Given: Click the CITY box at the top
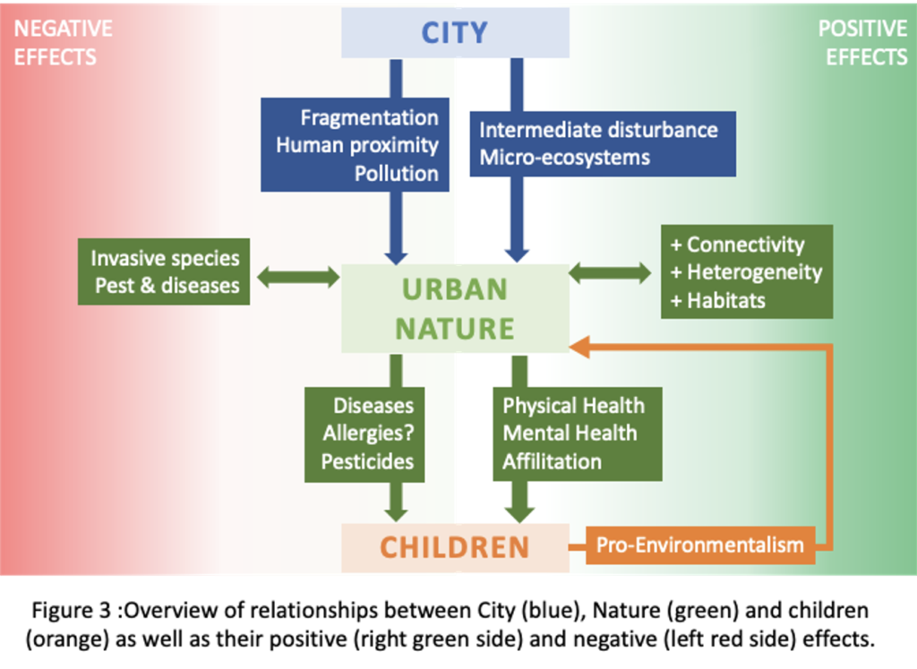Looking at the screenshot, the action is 455,33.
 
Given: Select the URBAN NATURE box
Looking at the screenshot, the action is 455,308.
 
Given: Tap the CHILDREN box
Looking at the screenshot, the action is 455,547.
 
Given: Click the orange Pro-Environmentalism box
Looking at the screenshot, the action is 700,545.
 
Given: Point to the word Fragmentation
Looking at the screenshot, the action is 369,117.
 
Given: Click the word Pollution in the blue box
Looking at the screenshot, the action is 396,173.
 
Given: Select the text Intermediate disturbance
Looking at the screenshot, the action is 598,130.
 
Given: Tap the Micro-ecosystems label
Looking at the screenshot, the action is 564,158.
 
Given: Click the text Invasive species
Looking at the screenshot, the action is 165,259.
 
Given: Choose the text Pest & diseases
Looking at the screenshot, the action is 167,286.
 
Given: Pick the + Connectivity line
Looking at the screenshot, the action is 738,244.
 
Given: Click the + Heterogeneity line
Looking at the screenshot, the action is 746,272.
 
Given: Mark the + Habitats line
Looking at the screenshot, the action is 717,301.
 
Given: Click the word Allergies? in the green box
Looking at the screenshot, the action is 368,433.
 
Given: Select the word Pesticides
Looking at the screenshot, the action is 367,461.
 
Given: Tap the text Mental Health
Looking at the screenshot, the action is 570,433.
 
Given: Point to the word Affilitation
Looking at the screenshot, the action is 552,461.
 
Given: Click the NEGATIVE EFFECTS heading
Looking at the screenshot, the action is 63,43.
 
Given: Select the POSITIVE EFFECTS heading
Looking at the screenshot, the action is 862,43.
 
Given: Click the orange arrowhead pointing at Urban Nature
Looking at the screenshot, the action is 579,347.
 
